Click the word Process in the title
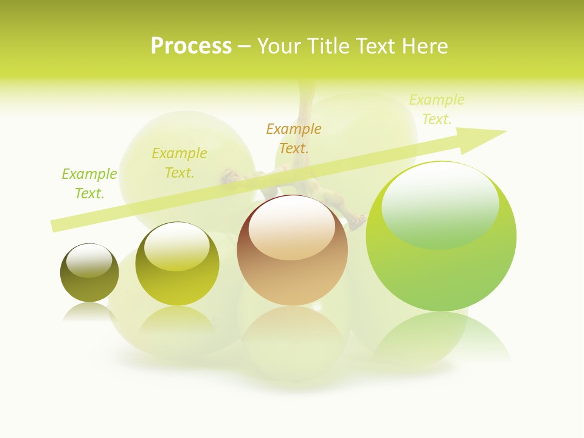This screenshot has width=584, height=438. point(191,46)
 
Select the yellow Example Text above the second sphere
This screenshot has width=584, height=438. point(179,163)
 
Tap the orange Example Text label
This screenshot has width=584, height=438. point(294,139)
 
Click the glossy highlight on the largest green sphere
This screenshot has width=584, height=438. point(440,204)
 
